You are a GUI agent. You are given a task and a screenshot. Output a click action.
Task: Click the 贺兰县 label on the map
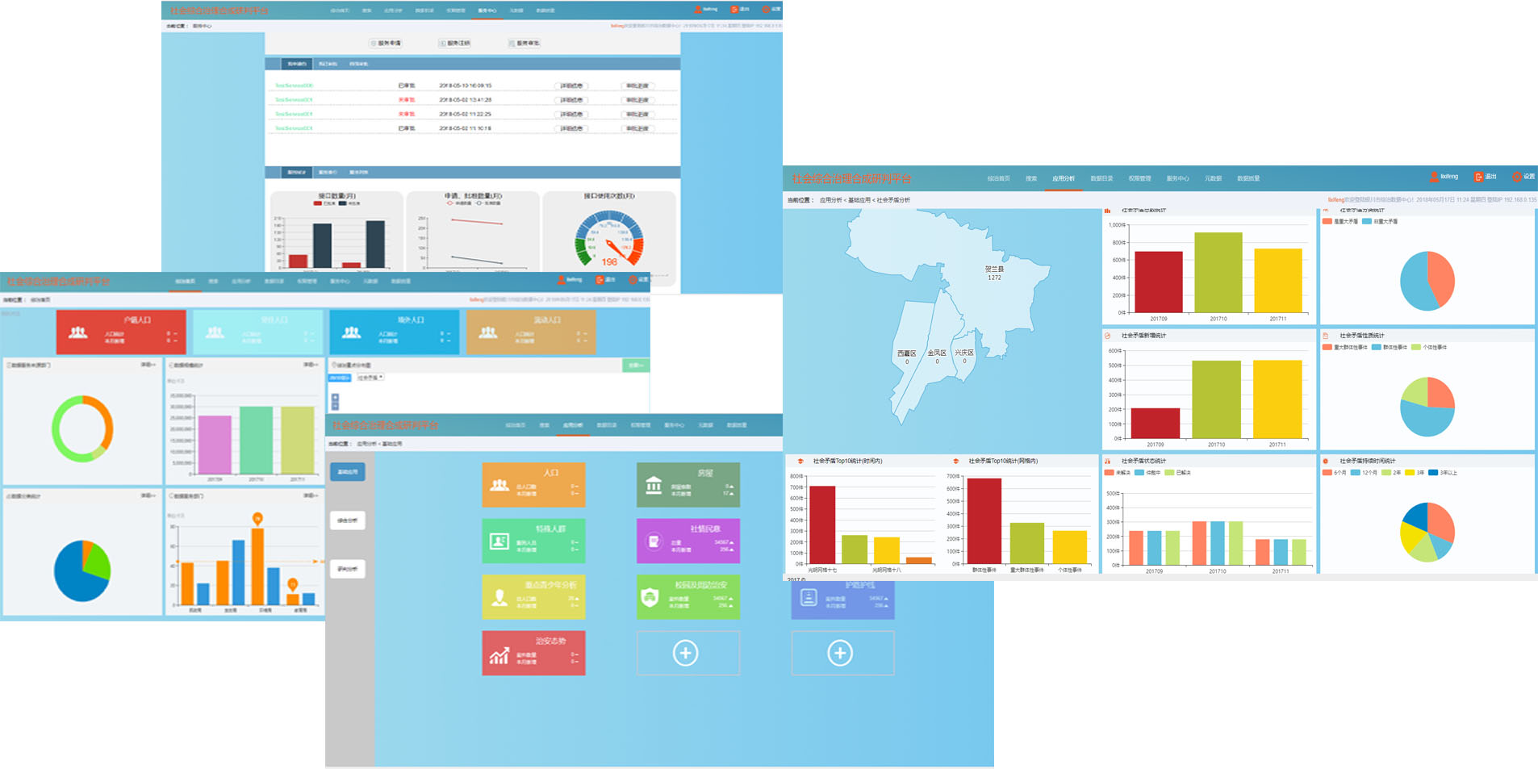pos(994,270)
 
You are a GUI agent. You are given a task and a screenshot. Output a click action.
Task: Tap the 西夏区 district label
pos(906,353)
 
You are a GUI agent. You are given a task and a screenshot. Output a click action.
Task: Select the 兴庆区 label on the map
pos(964,353)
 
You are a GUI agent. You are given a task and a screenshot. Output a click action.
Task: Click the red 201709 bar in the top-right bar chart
pos(1158,282)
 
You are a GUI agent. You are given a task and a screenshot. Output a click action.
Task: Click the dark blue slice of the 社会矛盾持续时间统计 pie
pos(1416,516)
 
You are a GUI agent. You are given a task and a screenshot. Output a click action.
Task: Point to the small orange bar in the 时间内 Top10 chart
pos(918,560)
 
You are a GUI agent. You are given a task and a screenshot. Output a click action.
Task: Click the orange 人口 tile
pos(533,485)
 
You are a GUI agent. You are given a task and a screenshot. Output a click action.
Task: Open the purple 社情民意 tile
pos(688,541)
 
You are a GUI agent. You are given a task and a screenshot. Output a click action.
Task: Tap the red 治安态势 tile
pos(533,653)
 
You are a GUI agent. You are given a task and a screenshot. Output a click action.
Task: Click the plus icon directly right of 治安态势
pos(686,653)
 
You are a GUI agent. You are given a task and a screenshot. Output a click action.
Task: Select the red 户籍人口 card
pos(121,332)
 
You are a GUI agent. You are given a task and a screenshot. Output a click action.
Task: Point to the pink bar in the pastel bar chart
pos(215,444)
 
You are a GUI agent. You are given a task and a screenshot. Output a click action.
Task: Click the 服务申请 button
pos(386,44)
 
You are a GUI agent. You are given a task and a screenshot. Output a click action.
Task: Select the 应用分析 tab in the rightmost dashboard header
pos(1063,178)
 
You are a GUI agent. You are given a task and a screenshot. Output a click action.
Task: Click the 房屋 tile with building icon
pos(688,485)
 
